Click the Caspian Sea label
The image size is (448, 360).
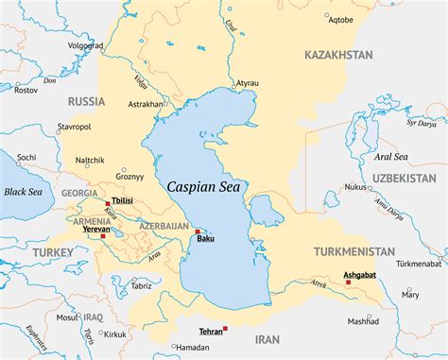pyautogui.click(x=203, y=186)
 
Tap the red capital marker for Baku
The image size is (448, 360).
pyautogui.click(x=197, y=231)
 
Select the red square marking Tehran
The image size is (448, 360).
pyautogui.click(x=226, y=328)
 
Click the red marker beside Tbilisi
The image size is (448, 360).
pyautogui.click(x=108, y=201)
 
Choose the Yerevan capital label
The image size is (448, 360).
pyautogui.click(x=95, y=229)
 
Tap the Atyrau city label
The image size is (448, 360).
pyautogui.click(x=248, y=82)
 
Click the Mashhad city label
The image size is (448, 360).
pyautogui.click(x=362, y=321)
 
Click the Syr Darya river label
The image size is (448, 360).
pyautogui.click(x=422, y=123)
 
